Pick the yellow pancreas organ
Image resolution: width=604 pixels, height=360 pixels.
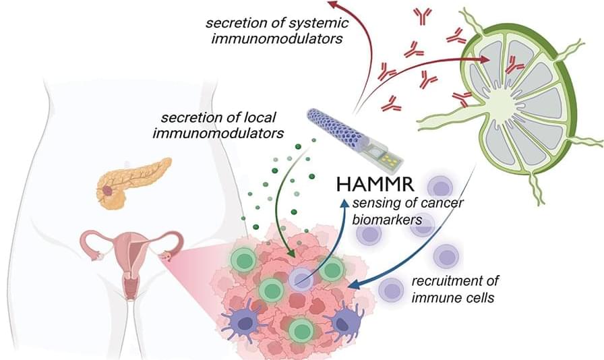click(x=132, y=180)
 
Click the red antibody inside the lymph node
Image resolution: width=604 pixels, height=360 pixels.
click(x=514, y=65)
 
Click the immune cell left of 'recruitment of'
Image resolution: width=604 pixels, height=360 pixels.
click(x=391, y=289)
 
